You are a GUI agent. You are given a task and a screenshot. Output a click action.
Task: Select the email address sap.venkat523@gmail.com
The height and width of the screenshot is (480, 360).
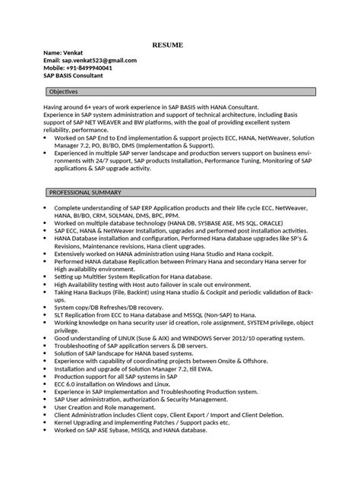tap(90, 60)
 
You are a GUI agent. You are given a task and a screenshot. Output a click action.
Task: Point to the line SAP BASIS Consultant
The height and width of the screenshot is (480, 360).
tap(77, 75)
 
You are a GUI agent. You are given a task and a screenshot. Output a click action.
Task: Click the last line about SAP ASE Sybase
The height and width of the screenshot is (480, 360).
tap(131, 431)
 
